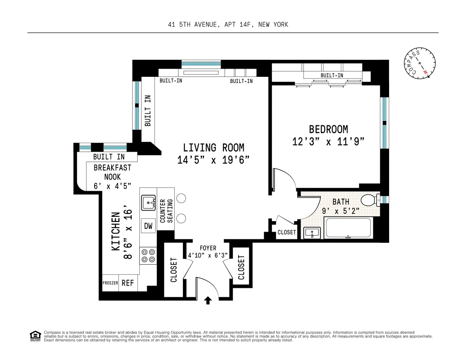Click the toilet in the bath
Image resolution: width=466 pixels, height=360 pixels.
[x=369, y=200]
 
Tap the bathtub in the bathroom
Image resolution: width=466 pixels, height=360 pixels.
[x=348, y=228]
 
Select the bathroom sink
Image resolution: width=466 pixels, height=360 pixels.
[x=312, y=233]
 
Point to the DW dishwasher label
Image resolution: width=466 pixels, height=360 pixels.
[x=148, y=226]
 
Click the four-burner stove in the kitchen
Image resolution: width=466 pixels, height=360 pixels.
[x=148, y=255]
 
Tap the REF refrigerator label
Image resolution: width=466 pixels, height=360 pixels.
[x=127, y=283]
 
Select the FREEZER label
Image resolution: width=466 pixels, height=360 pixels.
[x=110, y=283]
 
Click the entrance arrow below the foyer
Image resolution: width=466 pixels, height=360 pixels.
[x=208, y=300]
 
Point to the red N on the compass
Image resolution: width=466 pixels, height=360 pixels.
[x=426, y=72]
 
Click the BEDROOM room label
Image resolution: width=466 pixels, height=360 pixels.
[x=328, y=129]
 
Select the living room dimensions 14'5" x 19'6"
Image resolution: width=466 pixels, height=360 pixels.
[x=213, y=160]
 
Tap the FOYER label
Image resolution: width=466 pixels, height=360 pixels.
[x=208, y=248]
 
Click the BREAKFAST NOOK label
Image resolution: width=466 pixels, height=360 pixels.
[x=113, y=172]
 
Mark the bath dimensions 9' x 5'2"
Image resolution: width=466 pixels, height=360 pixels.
[x=340, y=211]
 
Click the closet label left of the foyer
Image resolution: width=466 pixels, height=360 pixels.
[x=174, y=270]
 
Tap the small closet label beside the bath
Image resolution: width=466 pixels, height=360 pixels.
[x=287, y=232]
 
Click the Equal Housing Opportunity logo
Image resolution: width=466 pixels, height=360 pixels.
[x=35, y=336]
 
